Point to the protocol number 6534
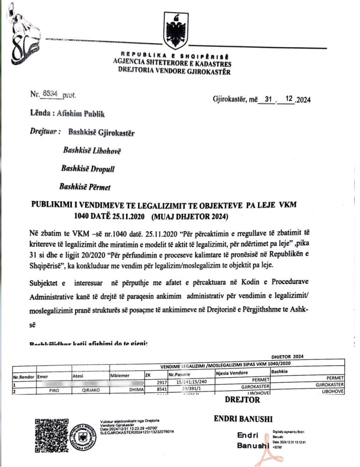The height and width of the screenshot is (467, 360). point(51,93)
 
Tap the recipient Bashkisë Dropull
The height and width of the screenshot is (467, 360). point(88,168)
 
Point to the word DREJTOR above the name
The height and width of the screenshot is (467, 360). point(242,400)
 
